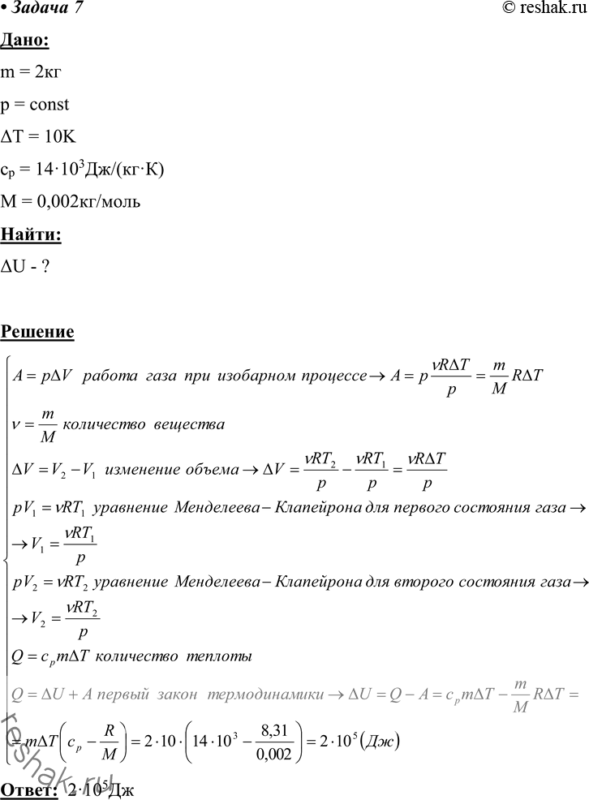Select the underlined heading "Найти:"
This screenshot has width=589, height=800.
(x=30, y=234)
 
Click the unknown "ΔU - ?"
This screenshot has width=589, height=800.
(x=28, y=267)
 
